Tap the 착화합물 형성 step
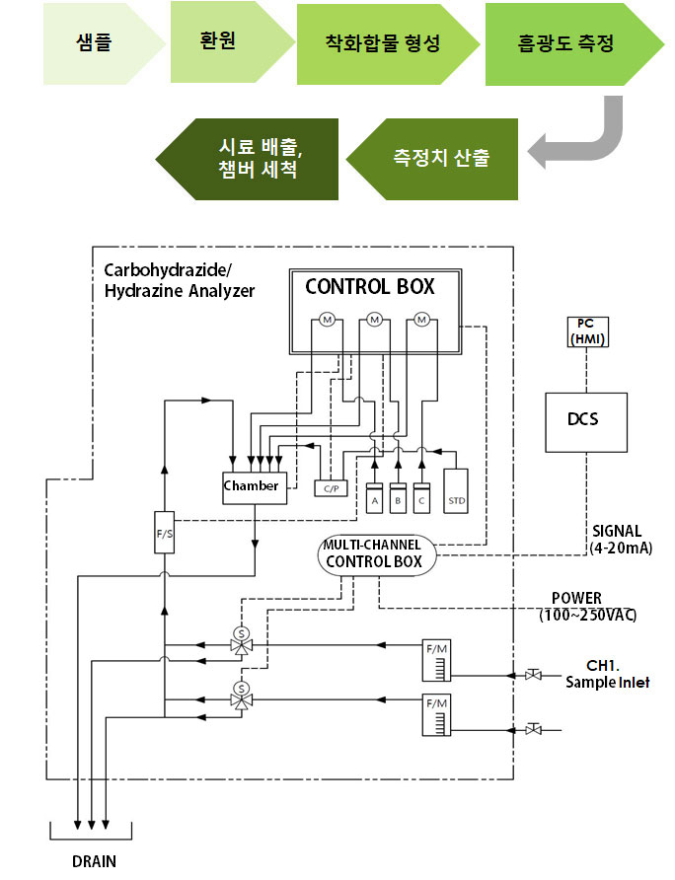click(x=383, y=43)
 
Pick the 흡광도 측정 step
click(x=567, y=43)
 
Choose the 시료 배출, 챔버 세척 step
click(x=253, y=159)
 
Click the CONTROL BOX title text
click(x=370, y=287)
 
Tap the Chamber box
click(x=255, y=487)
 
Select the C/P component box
click(x=331, y=488)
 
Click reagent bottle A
click(x=375, y=498)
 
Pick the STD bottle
click(x=456, y=491)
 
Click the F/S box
click(x=164, y=532)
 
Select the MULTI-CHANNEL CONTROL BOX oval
click(x=377, y=555)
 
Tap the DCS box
click(x=586, y=422)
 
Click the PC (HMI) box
click(x=587, y=331)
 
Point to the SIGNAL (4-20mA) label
click(x=621, y=540)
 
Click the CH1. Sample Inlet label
click(x=607, y=674)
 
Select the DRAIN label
click(x=95, y=861)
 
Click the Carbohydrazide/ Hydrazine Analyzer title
click(x=180, y=280)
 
